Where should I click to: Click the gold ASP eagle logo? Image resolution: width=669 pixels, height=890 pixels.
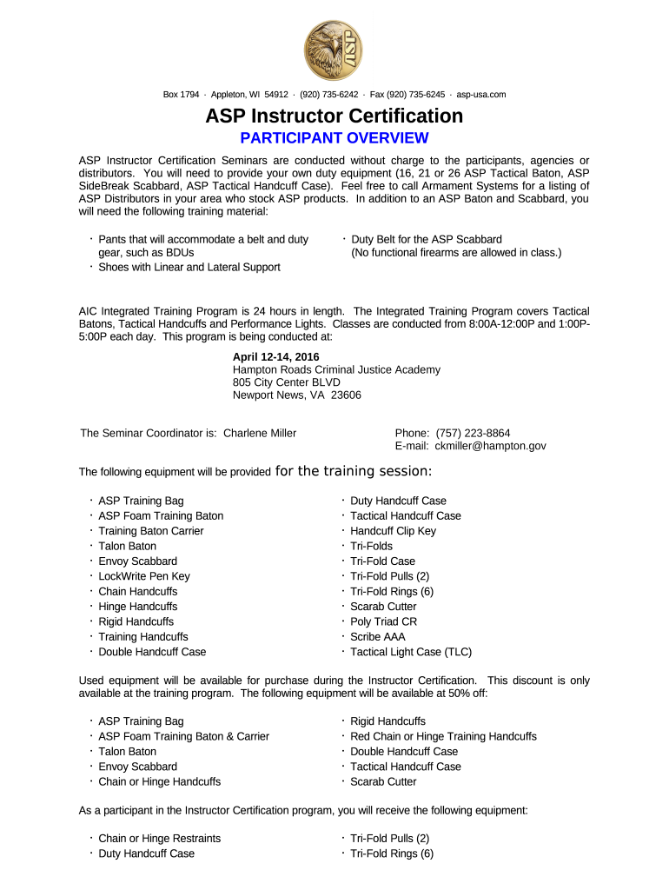point(334,50)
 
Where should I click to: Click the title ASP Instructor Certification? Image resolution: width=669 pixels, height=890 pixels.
point(334,116)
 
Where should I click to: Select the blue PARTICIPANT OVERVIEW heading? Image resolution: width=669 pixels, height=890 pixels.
point(334,138)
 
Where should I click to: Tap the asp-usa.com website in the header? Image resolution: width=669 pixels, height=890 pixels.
point(481,95)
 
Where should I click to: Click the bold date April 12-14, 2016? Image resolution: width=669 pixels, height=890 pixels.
point(275,357)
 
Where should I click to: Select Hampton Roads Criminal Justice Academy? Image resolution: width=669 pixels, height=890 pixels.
point(336,369)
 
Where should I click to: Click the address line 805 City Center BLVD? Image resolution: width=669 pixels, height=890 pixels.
point(286,382)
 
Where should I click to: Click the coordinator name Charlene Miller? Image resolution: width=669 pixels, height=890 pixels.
point(260,433)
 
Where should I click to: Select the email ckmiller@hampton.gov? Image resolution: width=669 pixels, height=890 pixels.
point(490,446)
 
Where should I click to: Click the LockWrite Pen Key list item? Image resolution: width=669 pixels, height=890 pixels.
point(143,576)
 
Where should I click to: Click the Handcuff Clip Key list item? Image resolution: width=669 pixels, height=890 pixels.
point(393,531)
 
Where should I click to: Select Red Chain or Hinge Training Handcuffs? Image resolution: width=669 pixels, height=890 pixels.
point(443,736)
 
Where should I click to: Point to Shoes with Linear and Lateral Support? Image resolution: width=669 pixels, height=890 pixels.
point(189,267)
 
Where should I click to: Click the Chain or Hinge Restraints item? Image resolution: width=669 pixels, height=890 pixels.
point(159,839)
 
